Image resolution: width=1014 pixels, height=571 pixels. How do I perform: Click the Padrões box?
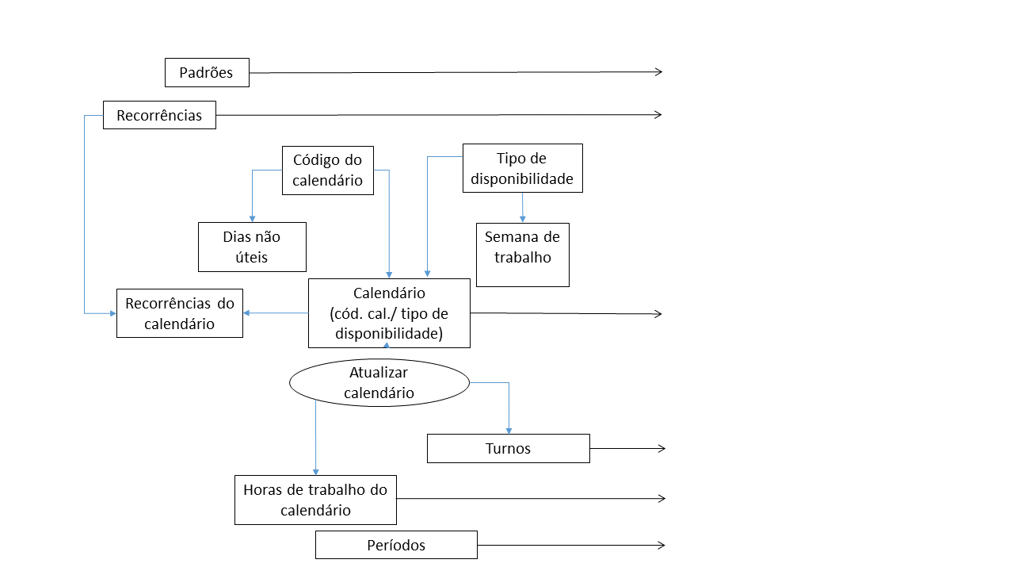(207, 72)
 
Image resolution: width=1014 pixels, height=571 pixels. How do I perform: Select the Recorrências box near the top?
(159, 115)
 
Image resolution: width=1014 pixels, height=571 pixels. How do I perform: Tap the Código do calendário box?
(327, 171)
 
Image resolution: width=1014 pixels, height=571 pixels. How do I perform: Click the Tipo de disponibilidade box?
(522, 168)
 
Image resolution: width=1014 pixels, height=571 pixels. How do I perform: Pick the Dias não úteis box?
(252, 247)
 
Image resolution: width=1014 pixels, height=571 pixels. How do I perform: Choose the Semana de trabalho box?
(522, 254)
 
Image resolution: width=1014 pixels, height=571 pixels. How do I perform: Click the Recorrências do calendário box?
(180, 313)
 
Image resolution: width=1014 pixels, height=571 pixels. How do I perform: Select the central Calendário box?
(389, 313)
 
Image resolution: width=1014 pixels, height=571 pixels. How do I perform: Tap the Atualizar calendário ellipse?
(379, 382)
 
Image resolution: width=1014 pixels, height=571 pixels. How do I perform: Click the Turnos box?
(508, 448)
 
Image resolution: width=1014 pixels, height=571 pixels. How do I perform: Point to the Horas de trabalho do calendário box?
(315, 500)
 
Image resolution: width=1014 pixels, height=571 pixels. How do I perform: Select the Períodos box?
(396, 545)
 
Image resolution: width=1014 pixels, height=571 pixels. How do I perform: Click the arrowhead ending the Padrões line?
(658, 72)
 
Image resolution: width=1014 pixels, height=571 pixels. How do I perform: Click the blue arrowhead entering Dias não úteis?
(252, 218)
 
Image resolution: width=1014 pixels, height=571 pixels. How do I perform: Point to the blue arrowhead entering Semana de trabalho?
(522, 219)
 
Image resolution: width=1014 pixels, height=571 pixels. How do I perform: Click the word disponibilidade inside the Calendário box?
(388, 334)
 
